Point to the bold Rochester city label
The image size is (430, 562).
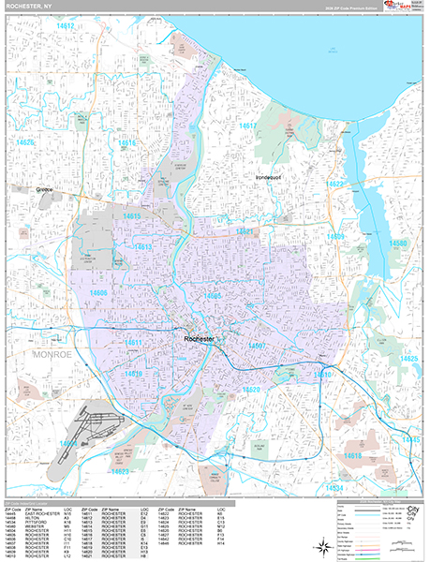pos(200,337)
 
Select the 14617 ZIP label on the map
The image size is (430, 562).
pos(248,126)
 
